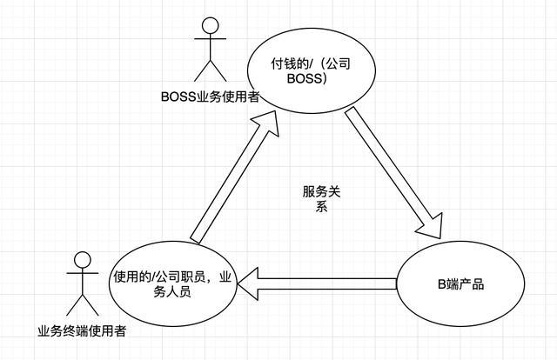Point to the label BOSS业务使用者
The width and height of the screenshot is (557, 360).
click(210, 97)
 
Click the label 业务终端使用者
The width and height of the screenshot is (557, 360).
click(83, 330)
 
